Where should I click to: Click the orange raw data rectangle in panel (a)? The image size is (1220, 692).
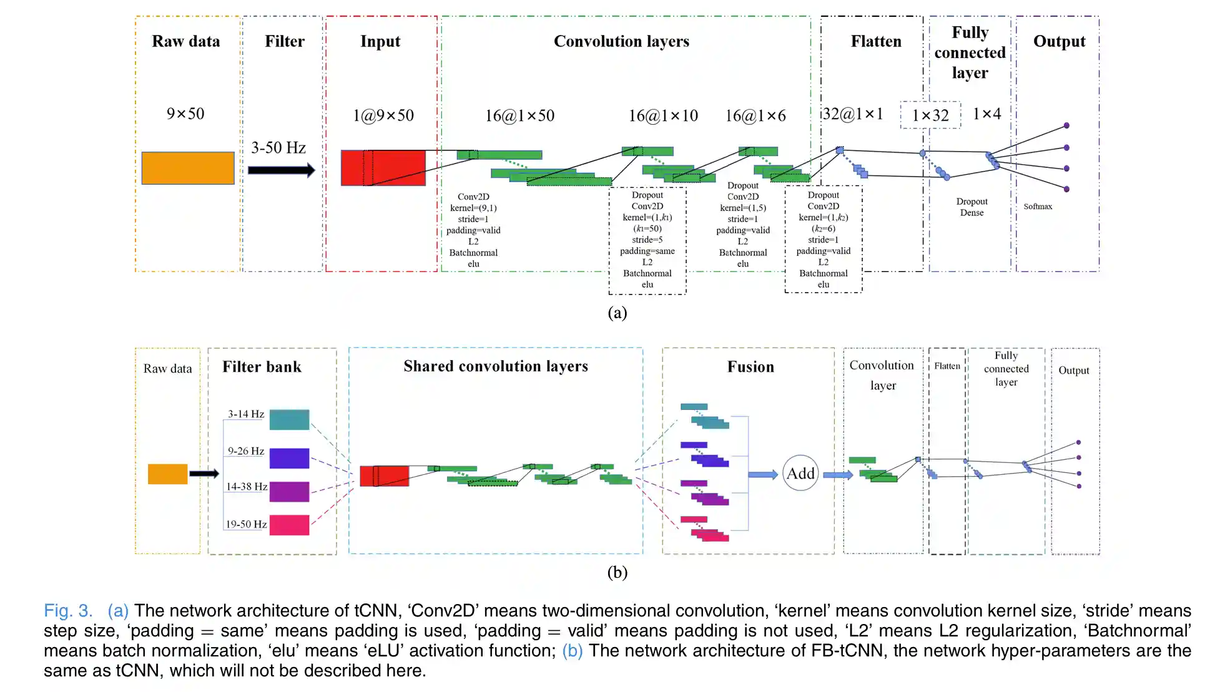click(x=187, y=168)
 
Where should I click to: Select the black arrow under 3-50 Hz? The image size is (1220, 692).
click(x=281, y=170)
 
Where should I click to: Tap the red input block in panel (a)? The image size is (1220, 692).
click(x=383, y=168)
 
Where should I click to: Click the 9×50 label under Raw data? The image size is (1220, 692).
click(x=185, y=114)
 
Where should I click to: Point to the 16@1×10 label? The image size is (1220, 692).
click(x=663, y=115)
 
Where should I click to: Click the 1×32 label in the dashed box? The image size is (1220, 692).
click(x=930, y=115)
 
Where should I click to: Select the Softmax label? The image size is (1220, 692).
click(x=1038, y=207)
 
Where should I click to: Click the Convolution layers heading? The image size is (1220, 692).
click(x=621, y=41)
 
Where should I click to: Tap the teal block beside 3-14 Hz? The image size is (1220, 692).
click(x=289, y=419)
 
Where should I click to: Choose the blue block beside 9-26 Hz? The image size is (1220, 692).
click(x=289, y=458)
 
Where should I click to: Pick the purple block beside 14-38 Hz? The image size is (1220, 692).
click(x=289, y=492)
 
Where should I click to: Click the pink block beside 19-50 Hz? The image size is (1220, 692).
click(x=289, y=525)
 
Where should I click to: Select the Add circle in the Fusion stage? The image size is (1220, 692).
click(x=800, y=473)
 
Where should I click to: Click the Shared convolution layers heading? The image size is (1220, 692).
click(x=496, y=366)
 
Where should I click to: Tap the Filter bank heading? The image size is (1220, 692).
click(x=262, y=367)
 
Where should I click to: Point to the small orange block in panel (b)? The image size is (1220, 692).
click(x=167, y=474)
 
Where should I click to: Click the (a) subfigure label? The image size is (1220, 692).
click(x=617, y=313)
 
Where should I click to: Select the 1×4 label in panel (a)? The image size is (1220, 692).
click(x=986, y=114)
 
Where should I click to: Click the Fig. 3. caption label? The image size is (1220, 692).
click(x=68, y=610)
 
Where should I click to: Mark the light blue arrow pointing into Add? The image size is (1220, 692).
click(x=763, y=475)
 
